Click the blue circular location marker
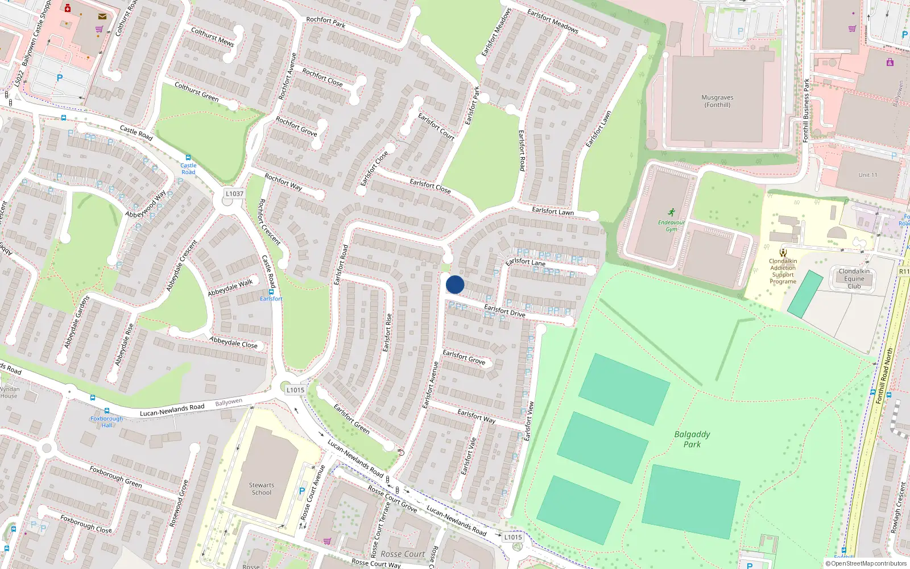point(455,284)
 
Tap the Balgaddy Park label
point(692,439)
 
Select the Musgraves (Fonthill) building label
point(717,101)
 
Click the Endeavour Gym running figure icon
point(672,212)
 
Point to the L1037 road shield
point(234,194)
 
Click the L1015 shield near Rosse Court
point(512,537)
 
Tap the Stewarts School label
point(262,489)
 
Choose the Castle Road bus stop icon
point(188,158)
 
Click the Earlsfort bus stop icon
point(271,291)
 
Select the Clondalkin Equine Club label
point(854,279)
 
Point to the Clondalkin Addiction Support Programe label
point(783,271)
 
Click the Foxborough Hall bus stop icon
point(106,411)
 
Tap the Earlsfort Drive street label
point(504,311)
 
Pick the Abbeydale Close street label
point(233,343)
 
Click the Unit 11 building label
point(868,175)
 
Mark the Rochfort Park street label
point(326,22)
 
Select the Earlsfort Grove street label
point(464,357)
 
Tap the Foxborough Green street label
point(115,476)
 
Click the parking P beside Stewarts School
point(302,491)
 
